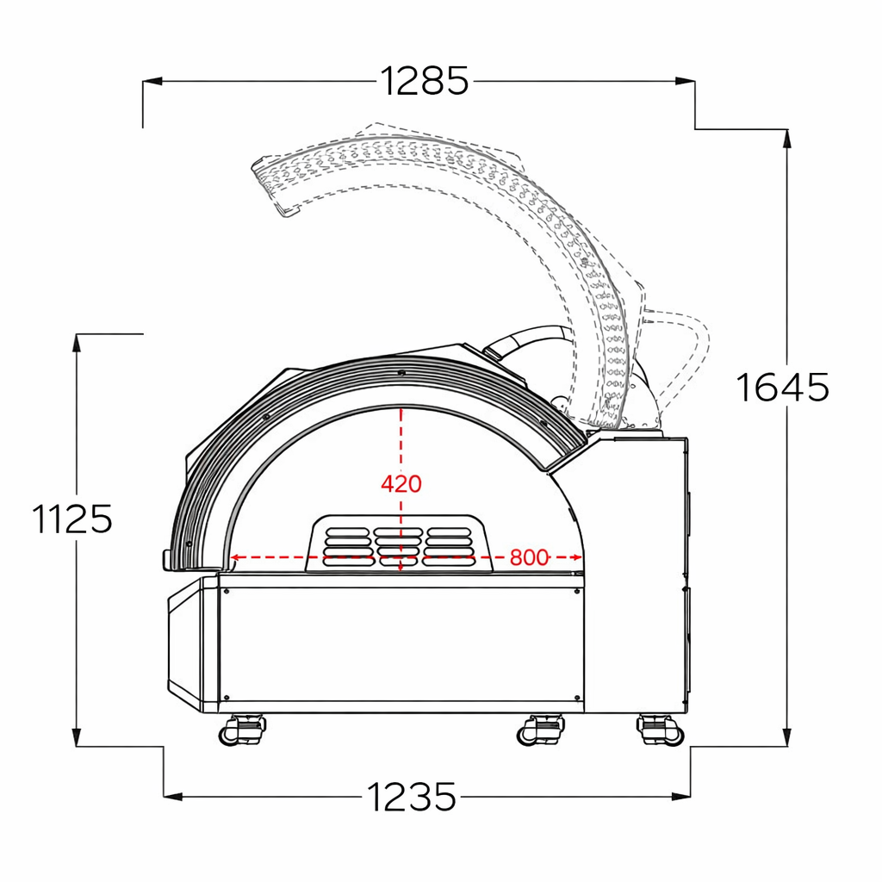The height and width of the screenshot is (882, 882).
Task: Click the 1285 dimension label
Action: (425, 81)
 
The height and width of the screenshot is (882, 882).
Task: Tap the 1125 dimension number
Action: (73, 519)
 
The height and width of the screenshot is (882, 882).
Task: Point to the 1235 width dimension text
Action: (413, 797)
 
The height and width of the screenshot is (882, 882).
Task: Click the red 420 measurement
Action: (401, 484)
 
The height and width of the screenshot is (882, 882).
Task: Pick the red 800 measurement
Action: (528, 557)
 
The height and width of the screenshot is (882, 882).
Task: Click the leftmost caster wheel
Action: (241, 730)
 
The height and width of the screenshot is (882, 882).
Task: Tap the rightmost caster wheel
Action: (661, 730)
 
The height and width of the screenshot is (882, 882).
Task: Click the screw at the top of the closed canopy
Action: (401, 372)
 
